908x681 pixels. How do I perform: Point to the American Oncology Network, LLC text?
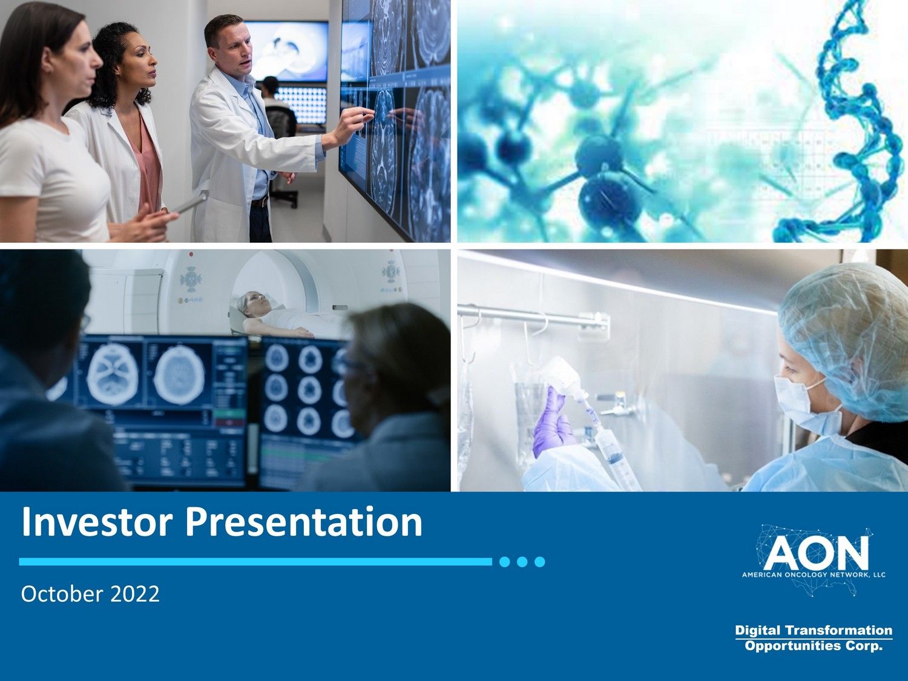(x=814, y=574)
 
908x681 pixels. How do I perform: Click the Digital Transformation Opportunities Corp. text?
(x=814, y=638)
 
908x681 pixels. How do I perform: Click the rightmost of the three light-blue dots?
(x=540, y=562)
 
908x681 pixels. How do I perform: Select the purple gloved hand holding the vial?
(x=551, y=424)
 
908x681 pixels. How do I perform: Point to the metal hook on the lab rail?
(x=536, y=327)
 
